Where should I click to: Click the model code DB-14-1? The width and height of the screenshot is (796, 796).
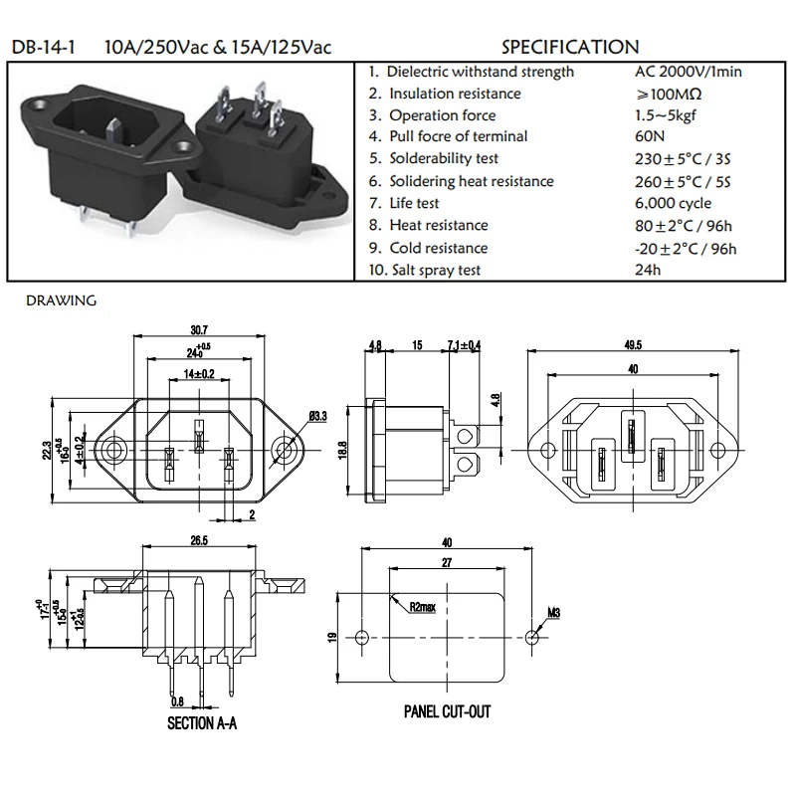tap(44, 47)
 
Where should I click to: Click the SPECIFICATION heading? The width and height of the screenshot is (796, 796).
tap(570, 47)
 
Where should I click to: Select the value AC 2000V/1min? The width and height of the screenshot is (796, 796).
tap(688, 72)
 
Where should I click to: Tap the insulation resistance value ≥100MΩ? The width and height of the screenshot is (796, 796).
tap(669, 94)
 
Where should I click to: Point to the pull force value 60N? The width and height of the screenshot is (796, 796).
tap(650, 136)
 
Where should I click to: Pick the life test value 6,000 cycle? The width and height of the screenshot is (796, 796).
tap(673, 203)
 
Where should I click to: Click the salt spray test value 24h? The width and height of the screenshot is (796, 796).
tap(647, 270)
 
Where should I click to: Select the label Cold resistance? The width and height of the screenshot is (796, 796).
tap(438, 248)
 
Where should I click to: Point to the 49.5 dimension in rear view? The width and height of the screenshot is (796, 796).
tap(633, 345)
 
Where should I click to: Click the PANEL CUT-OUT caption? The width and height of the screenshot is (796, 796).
tap(447, 712)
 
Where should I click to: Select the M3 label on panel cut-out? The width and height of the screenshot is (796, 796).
tap(554, 612)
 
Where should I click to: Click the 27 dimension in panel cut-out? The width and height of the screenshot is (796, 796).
tap(446, 562)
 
